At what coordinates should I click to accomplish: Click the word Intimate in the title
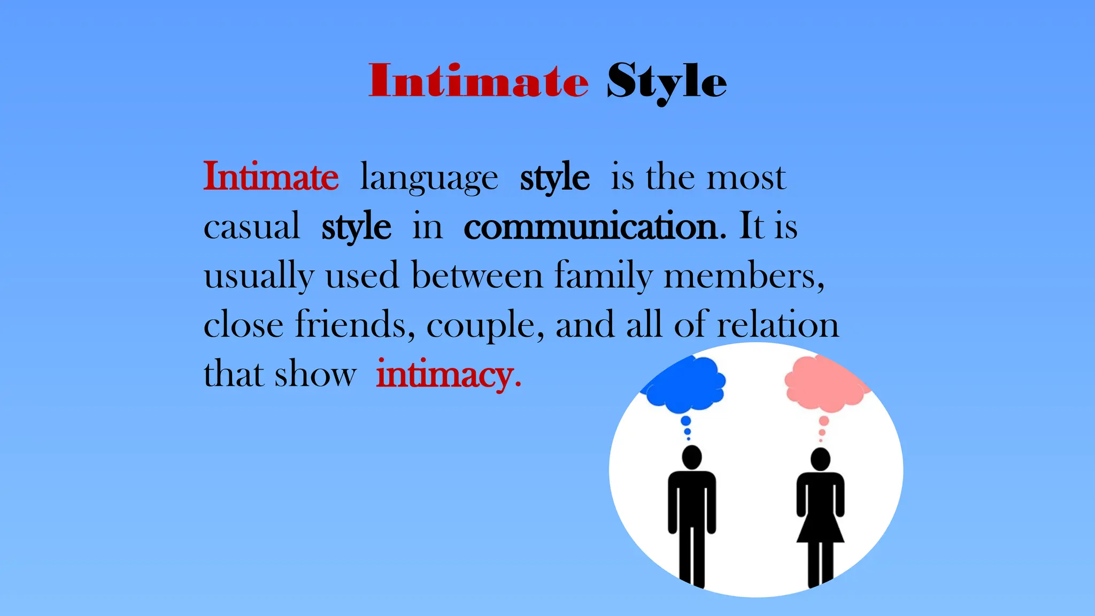(479, 81)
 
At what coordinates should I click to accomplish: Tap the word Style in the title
(666, 81)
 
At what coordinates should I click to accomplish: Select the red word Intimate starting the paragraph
(271, 176)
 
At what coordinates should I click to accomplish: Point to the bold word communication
(591, 227)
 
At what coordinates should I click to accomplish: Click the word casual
(251, 227)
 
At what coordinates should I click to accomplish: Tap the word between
(477, 276)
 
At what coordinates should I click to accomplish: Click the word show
(315, 374)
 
